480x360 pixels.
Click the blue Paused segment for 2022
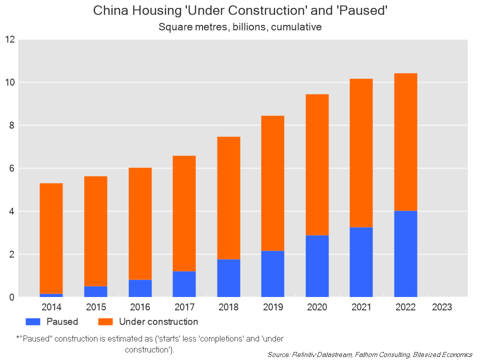(x=405, y=253)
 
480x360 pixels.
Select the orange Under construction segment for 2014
(x=51, y=238)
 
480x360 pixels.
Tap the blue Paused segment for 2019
(x=272, y=273)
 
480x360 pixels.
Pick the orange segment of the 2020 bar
(x=317, y=164)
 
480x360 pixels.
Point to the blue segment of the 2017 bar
(x=184, y=284)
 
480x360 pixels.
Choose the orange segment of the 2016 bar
(x=140, y=223)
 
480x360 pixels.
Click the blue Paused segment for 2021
(x=361, y=262)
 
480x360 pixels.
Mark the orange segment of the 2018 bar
(x=228, y=197)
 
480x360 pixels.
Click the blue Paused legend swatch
(x=32, y=321)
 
